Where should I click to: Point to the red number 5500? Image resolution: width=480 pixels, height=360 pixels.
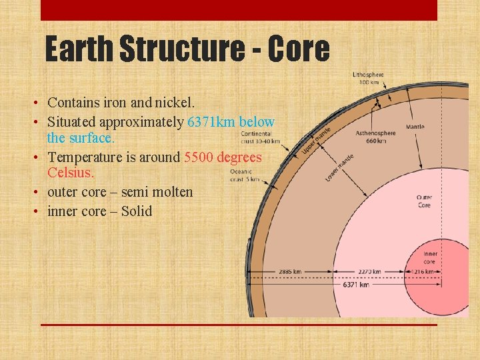(201, 157)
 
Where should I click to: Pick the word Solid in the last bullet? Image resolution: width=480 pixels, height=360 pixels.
(136, 211)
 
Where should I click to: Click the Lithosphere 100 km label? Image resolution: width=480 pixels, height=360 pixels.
(369, 78)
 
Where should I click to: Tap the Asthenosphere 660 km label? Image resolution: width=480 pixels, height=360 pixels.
(375, 137)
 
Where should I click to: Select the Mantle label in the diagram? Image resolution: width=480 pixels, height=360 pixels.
(415, 126)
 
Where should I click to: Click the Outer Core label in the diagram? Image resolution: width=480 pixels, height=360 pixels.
(424, 201)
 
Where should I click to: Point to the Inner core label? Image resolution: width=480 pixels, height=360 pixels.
(429, 258)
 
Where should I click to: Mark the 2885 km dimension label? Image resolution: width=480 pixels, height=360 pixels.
(289, 272)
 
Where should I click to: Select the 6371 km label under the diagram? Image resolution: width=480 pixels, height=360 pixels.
(355, 285)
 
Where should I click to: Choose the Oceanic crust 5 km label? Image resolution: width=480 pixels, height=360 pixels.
(244, 175)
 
